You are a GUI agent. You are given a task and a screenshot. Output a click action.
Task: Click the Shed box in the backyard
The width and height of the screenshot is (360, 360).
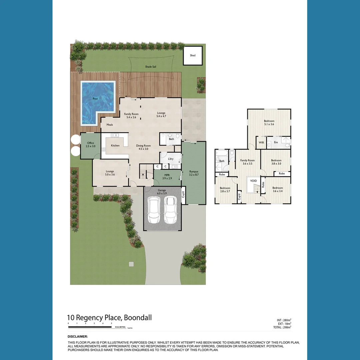(x=193, y=55)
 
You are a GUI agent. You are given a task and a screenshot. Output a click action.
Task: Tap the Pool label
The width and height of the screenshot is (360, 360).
(x=95, y=99)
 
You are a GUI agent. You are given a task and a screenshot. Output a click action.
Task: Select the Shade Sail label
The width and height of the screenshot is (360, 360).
(x=150, y=67)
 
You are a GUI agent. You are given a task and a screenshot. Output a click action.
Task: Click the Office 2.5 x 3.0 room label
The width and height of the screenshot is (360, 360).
(x=91, y=145)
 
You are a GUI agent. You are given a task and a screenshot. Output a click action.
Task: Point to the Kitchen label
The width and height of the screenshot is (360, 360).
(x=115, y=145)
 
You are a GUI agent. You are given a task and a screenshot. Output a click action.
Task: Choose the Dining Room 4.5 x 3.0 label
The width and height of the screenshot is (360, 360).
(x=143, y=147)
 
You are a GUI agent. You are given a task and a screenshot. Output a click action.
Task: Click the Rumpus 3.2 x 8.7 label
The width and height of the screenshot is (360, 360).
(x=194, y=173)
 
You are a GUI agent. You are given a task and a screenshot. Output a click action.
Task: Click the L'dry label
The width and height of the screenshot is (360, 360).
(x=171, y=159)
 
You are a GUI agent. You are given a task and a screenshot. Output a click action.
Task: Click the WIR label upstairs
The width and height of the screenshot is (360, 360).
(x=261, y=142)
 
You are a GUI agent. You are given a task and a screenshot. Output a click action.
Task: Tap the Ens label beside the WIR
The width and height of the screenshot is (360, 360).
(x=276, y=142)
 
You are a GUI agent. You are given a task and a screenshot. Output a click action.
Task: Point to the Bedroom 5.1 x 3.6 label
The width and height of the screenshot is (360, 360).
(x=269, y=122)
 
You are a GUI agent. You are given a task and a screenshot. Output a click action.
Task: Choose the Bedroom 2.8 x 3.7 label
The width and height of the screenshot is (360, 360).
(x=225, y=189)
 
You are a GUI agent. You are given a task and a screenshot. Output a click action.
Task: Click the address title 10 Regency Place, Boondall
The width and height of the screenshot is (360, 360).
(x=109, y=318)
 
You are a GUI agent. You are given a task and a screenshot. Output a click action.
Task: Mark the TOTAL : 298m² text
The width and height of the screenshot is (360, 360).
(x=282, y=327)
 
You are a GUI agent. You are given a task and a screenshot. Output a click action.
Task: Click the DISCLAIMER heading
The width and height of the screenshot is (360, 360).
(x=78, y=337)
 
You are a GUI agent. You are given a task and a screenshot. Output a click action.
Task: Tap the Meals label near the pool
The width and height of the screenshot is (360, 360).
(x=110, y=125)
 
